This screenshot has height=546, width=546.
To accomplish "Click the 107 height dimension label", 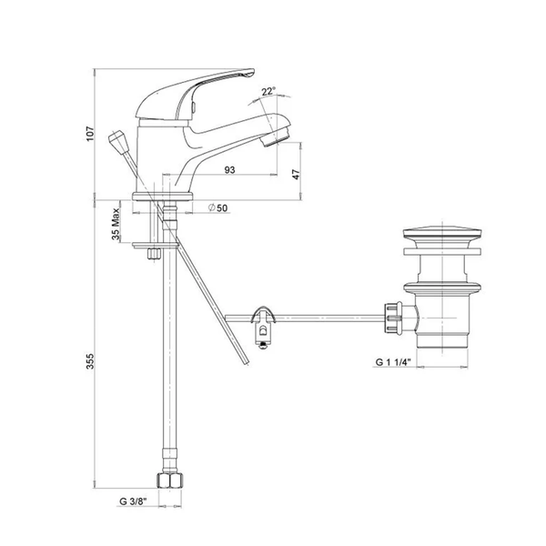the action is (x=90, y=134).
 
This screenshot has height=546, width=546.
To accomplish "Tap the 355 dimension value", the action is (x=90, y=361).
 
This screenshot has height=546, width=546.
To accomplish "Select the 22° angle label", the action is (x=268, y=91).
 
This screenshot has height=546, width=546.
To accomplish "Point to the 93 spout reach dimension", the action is (x=230, y=170).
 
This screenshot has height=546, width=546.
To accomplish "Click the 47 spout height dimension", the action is (x=296, y=174).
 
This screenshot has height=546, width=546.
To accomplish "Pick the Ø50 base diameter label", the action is (x=217, y=207).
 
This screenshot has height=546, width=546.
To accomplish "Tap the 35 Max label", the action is (x=116, y=224).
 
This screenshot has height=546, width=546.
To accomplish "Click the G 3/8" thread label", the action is (x=133, y=501).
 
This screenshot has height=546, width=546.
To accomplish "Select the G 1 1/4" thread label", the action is (x=393, y=362).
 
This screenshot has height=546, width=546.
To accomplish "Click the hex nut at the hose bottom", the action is (x=170, y=480).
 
